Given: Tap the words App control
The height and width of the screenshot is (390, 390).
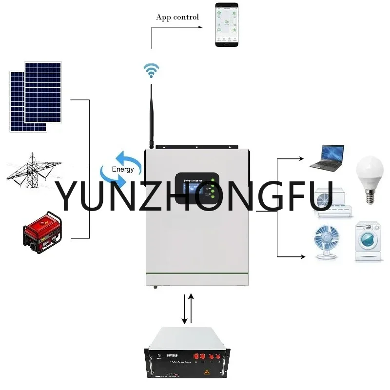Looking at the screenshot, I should click(177, 17).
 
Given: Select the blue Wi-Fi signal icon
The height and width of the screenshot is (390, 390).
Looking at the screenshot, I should click(151, 71).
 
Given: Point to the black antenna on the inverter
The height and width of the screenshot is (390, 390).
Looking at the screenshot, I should click(152, 117).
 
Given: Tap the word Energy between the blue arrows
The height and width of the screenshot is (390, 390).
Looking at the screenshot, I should click(122, 169).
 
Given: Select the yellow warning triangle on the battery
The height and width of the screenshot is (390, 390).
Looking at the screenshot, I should click(207, 372).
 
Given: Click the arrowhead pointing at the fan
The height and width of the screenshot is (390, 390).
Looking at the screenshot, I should click(305, 256).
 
